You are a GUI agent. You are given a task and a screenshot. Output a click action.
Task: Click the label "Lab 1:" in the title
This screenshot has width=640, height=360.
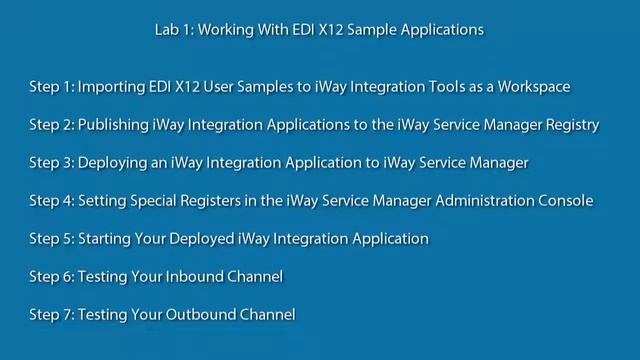175,30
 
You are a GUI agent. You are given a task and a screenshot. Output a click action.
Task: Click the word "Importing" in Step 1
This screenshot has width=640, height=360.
112,87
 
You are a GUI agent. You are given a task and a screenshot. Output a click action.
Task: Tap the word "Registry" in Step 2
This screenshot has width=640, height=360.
570,125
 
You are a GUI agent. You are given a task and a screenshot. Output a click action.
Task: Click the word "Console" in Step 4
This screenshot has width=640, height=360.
565,201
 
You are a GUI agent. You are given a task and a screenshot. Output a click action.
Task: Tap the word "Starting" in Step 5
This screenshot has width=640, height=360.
107,239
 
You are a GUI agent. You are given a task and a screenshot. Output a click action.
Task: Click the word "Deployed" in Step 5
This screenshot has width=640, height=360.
209,239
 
